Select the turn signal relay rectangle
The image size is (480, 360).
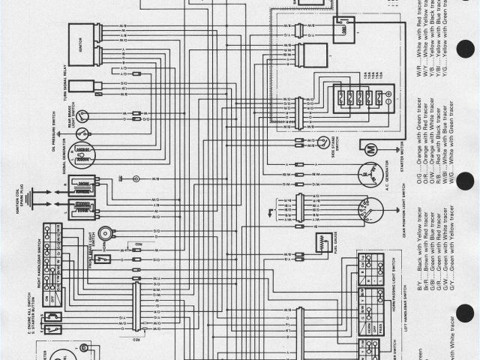[x=83, y=86]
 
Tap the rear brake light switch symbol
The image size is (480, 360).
[x=83, y=115]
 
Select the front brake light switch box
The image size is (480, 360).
[x=104, y=259]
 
